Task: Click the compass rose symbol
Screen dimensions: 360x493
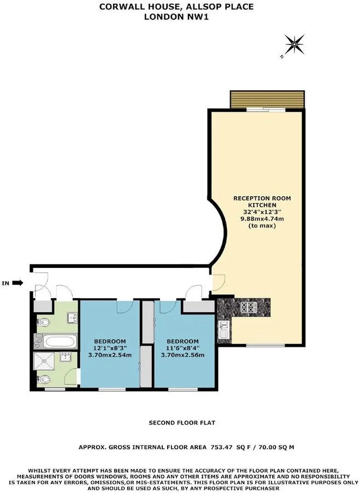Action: click(294, 45)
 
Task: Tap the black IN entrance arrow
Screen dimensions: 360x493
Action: click(18, 283)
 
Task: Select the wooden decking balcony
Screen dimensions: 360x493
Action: click(267, 99)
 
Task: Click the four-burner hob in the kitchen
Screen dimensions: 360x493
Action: click(248, 307)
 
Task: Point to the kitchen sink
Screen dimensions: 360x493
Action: click(224, 329)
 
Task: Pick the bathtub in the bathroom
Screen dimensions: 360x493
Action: click(59, 341)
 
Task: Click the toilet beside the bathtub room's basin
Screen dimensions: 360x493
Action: click(43, 322)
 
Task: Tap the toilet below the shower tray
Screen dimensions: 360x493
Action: click(43, 380)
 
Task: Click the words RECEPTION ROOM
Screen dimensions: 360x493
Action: click(262, 198)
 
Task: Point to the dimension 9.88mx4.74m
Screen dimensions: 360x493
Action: click(262, 219)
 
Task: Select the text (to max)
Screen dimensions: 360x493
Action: click(262, 226)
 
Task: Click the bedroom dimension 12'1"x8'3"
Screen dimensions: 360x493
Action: click(110, 348)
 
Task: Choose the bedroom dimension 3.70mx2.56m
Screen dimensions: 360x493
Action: click(182, 355)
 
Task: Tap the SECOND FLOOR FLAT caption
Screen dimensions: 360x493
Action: click(182, 423)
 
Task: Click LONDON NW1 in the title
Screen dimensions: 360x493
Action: click(176, 17)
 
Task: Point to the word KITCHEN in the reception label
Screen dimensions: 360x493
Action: click(262, 205)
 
